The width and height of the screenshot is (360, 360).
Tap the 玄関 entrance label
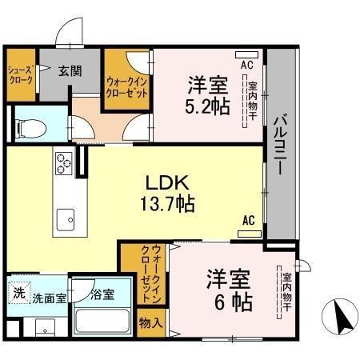pyautogui.click(x=70, y=70)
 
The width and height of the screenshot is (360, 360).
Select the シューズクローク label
pyautogui.click(x=21, y=76)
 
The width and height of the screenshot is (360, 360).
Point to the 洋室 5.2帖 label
pyautogui.click(x=208, y=94)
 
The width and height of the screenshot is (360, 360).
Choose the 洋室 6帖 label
pyautogui.click(x=228, y=291)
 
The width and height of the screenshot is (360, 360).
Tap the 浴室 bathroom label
pyautogui.click(x=102, y=294)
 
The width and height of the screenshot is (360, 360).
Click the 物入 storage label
pyautogui.click(x=150, y=325)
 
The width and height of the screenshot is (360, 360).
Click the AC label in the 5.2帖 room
pyautogui.click(x=246, y=63)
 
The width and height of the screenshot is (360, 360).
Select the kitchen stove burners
pyautogui.click(x=63, y=163)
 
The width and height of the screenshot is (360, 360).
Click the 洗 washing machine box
pyautogui.click(x=18, y=292)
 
